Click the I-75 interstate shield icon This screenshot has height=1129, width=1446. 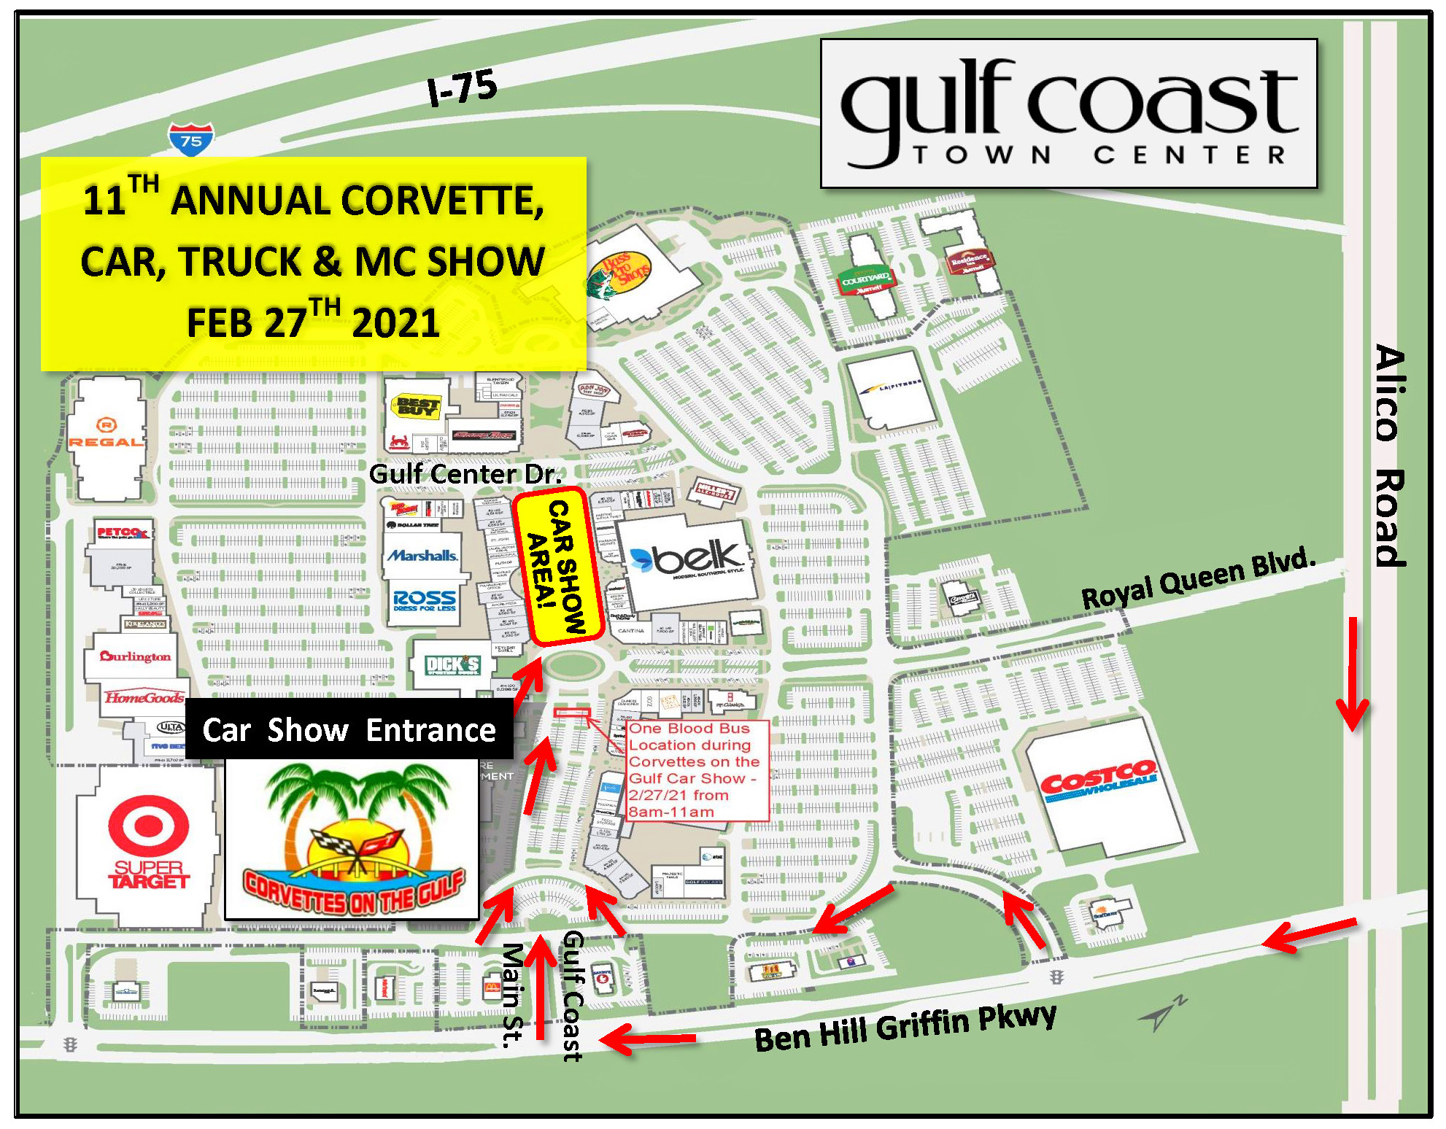[191, 139]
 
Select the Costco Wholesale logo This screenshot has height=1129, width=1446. [1099, 782]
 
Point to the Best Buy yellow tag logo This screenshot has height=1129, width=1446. [417, 406]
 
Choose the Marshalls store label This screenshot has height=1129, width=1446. [422, 556]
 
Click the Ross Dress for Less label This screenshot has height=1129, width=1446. [425, 600]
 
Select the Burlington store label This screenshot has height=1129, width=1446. [136, 656]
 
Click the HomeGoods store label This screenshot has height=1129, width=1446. [144, 698]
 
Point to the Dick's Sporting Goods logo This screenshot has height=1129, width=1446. [453, 664]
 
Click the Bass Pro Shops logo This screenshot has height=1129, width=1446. [620, 273]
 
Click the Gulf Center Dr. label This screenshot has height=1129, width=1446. [465, 474]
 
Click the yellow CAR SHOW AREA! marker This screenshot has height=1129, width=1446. [558, 567]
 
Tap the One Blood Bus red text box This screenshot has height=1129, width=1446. [697, 770]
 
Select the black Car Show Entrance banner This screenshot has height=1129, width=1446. [349, 730]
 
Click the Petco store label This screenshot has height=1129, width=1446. [122, 533]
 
